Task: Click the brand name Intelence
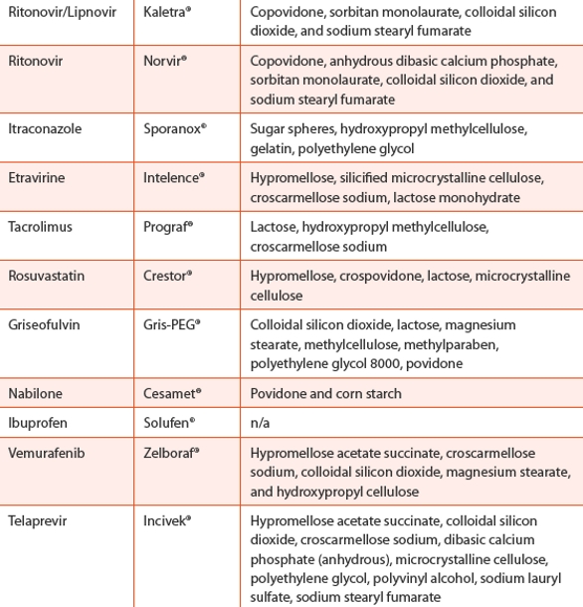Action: pyautogui.click(x=173, y=178)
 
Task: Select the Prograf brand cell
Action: pyautogui.click(x=167, y=227)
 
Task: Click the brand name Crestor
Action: pyautogui.click(x=167, y=276)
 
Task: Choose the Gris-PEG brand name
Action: pyautogui.click(x=172, y=324)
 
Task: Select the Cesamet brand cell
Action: pyautogui.click(x=171, y=393)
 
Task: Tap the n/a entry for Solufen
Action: pyautogui.click(x=260, y=422)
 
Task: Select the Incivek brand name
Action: pyautogui.click(x=169, y=520)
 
